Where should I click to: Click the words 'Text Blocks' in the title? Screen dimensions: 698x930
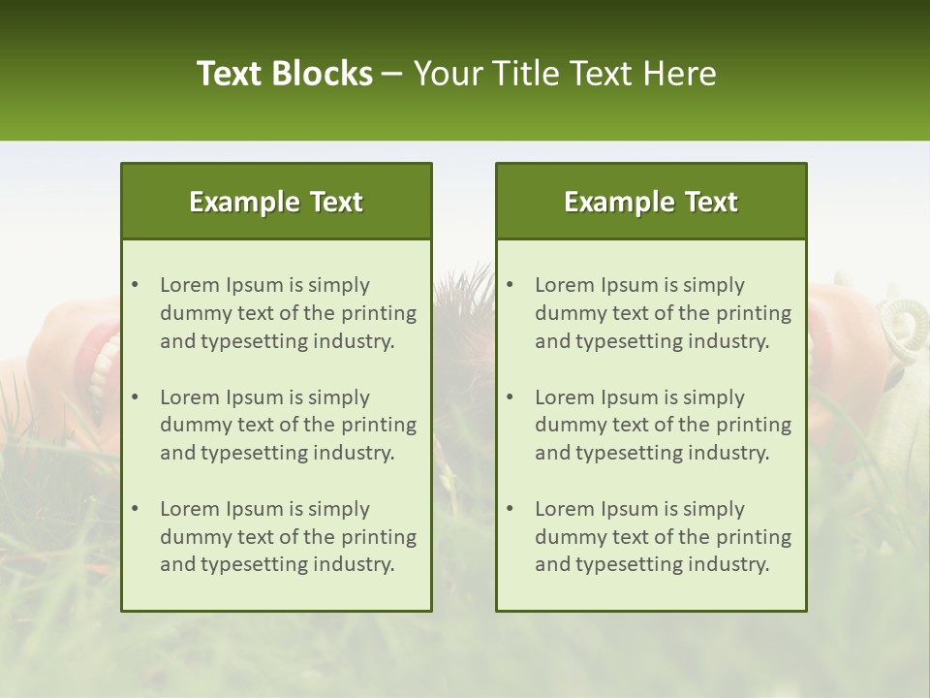tap(284, 74)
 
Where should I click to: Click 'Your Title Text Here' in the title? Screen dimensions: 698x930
tap(565, 74)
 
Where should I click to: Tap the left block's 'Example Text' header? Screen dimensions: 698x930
tap(276, 202)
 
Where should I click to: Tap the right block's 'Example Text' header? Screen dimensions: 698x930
tap(651, 202)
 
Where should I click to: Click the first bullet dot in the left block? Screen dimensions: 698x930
tap(136, 285)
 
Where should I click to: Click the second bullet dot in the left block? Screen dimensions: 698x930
tap(136, 397)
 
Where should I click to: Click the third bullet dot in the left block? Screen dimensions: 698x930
tap(136, 509)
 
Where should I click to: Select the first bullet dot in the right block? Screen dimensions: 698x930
tap(511, 285)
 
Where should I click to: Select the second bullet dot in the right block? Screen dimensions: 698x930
tap(511, 397)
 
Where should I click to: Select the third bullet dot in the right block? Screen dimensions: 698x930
tap(511, 509)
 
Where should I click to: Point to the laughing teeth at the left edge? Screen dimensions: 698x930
tap(103, 368)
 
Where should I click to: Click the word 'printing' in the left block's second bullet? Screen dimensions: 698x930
tap(380, 425)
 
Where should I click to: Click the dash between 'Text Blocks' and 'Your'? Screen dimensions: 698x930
tap(392, 74)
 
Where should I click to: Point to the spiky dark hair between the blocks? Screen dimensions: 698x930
tap(463, 301)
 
